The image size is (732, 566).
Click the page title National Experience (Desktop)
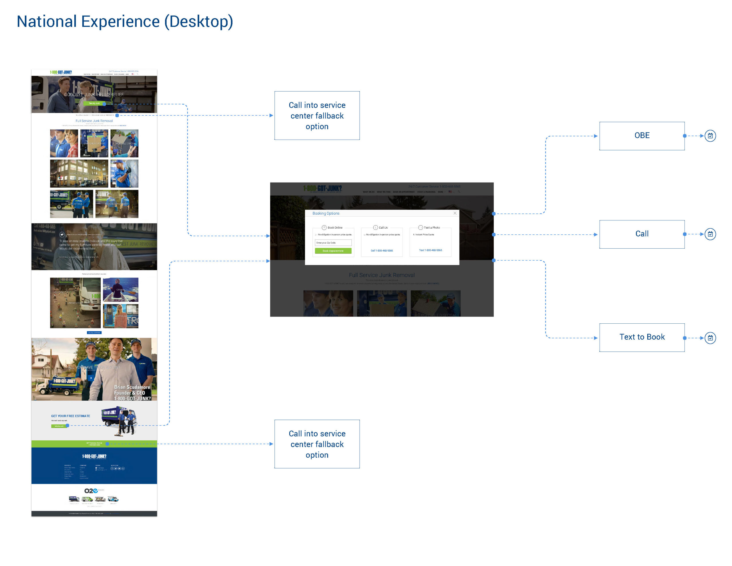[125, 21]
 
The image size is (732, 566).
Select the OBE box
[642, 136]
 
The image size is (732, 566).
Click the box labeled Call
[642, 234]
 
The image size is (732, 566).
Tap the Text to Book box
[642, 337]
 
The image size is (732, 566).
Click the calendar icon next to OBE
[710, 136]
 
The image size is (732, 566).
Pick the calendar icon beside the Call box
[710, 234]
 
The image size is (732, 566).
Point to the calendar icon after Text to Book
[710, 338]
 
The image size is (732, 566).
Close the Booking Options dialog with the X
[455, 213]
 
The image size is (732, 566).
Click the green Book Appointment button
[333, 251]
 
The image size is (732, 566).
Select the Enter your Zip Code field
[333, 243]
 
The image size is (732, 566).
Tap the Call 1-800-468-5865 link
[382, 251]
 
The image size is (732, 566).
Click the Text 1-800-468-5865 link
[430, 250]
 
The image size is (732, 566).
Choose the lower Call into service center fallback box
[317, 444]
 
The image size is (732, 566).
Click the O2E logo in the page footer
[91, 491]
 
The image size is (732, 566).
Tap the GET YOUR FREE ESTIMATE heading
[70, 416]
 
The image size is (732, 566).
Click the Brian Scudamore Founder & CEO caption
[132, 393]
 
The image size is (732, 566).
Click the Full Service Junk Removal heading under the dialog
[381, 275]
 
